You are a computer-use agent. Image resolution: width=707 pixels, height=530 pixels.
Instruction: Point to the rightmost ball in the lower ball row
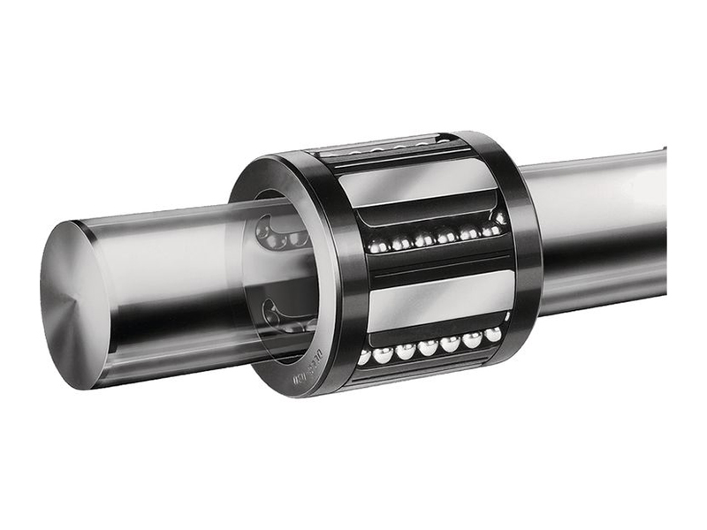tap(492, 334)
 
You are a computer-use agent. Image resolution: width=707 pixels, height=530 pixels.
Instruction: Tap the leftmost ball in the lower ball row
tap(363, 358)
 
